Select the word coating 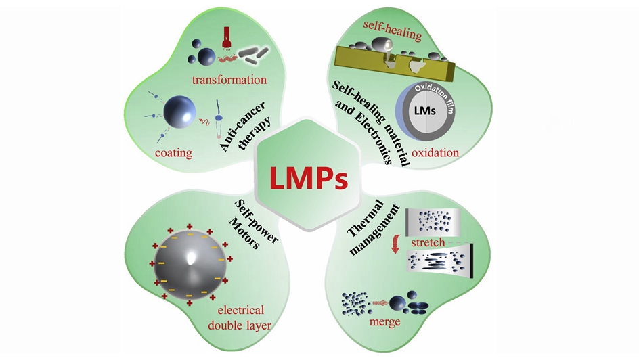tap(173, 153)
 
